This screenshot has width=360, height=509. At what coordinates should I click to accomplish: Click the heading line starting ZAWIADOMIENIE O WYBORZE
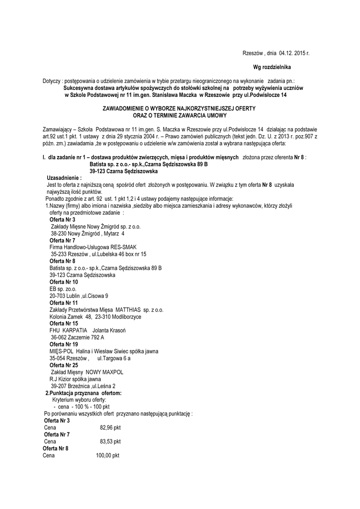179,108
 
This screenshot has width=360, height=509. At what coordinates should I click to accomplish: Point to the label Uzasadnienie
64,177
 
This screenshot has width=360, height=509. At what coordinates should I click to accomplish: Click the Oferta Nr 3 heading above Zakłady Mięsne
63,219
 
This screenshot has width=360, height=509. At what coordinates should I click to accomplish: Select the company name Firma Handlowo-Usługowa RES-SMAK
93,247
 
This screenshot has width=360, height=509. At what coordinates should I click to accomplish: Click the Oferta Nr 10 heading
64,282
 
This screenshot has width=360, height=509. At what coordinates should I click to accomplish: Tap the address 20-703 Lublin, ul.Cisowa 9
79,296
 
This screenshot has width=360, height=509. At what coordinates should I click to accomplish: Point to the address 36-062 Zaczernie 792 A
78,338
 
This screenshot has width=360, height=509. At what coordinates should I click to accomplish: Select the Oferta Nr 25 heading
64,365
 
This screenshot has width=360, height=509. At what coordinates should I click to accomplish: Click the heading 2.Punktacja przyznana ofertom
84,393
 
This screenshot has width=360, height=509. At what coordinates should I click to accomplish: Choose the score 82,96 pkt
110,427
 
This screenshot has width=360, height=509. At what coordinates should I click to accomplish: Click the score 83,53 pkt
110,441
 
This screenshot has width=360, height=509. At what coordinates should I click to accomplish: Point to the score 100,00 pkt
107,455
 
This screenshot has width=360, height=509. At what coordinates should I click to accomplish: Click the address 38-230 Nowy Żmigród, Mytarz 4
88,233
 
